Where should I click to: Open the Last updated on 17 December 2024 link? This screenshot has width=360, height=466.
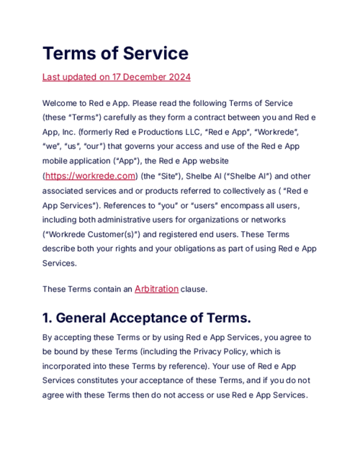pyautogui.click(x=116, y=76)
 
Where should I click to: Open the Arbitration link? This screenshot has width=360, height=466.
pyautogui.click(x=156, y=289)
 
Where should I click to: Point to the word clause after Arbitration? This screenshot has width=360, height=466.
pyautogui.click(x=193, y=289)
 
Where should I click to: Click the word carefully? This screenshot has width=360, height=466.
pyautogui.click(x=125, y=118)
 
